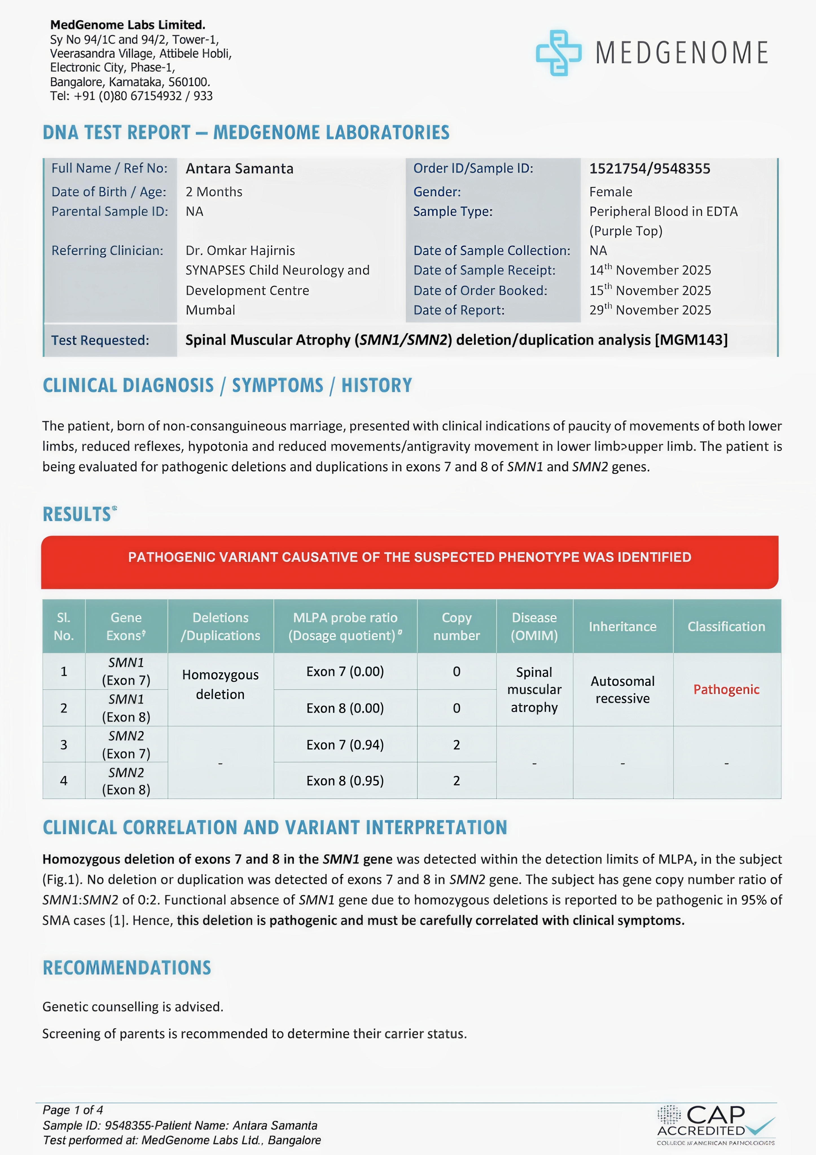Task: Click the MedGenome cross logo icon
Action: click(558, 53)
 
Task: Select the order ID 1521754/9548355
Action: click(649, 169)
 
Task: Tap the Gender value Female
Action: click(611, 192)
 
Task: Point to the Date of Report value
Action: click(650, 310)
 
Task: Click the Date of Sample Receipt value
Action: click(650, 270)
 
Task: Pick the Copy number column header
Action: click(456, 626)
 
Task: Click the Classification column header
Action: click(726, 626)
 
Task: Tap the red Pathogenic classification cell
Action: click(726, 689)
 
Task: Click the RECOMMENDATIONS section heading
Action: click(127, 968)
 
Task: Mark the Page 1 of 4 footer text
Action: click(73, 1110)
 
